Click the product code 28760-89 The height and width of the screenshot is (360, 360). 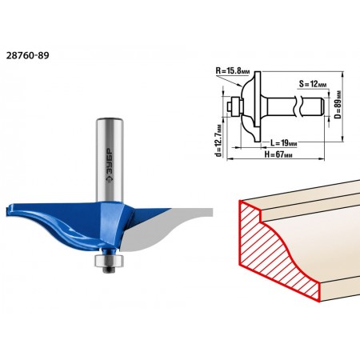click(x=27, y=55)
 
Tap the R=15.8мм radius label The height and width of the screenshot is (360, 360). click(x=233, y=70)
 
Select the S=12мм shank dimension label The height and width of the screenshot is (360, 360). click(x=313, y=84)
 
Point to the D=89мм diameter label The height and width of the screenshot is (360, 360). click(x=338, y=105)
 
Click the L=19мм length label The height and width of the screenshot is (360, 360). click(x=284, y=143)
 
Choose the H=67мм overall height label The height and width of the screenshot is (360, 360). click(x=278, y=154)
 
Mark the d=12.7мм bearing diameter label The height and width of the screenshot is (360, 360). click(x=219, y=141)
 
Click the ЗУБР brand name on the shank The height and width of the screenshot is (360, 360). click(x=110, y=166)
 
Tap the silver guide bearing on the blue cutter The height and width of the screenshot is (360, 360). click(x=109, y=260)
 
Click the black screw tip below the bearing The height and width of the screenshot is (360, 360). click(x=109, y=269)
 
